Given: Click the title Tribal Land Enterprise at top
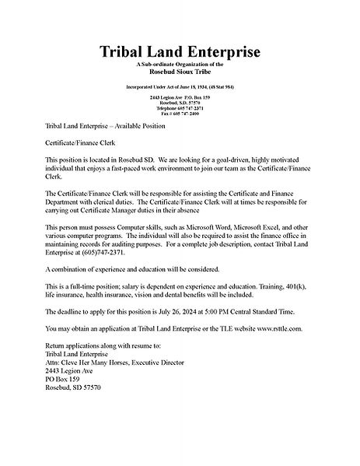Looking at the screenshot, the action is pyautogui.click(x=180, y=52).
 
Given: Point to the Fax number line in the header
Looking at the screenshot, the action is pyautogui.click(x=180, y=114).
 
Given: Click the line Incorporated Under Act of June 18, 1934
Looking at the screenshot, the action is pyautogui.click(x=180, y=86).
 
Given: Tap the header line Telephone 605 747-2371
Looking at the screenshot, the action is pyautogui.click(x=180, y=108).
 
